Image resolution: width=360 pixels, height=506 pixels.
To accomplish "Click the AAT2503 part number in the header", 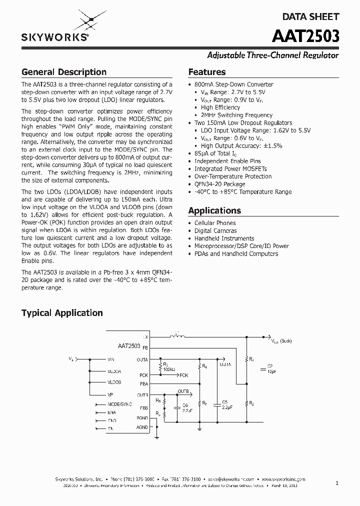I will pyautogui.click(x=306, y=37).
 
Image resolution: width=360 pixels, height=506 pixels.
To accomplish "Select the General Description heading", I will pyautogui.click(x=64, y=72).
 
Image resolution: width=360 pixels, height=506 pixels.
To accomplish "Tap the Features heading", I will pyautogui.click(x=207, y=72).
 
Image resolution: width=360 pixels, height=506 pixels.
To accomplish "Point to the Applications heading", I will pyautogui.click(x=214, y=210).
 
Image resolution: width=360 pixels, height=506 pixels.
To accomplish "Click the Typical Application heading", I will pyautogui.click(x=62, y=313).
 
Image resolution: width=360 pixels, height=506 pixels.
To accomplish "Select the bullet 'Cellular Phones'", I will pyautogui.click(x=215, y=223).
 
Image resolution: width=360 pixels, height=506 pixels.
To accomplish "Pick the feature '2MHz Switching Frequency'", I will pyautogui.click(x=236, y=115).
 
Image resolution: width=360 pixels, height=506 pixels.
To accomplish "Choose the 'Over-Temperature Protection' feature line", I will pyautogui.click(x=233, y=176).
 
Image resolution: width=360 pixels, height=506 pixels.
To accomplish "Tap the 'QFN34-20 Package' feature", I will pyautogui.click(x=219, y=184).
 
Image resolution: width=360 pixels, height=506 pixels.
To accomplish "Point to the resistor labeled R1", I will pyautogui.click(x=251, y=359).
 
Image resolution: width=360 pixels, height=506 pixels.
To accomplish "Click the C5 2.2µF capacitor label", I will pyautogui.click(x=224, y=404).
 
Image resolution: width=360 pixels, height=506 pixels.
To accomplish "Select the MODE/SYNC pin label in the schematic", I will pyautogui.click(x=120, y=403).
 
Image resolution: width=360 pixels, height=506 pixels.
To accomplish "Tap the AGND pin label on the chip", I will pyautogui.click(x=142, y=427).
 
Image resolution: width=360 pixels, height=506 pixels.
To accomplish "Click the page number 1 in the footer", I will pyautogui.click(x=337, y=483).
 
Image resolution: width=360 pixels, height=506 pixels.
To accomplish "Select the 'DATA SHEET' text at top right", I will pyautogui.click(x=311, y=16).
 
